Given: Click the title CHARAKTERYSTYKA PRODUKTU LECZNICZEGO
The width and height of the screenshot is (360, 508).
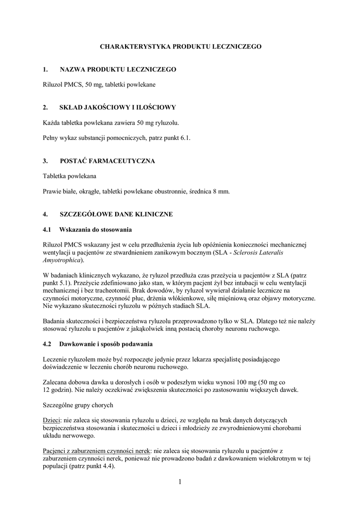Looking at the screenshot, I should pyautogui.click(x=180, y=46).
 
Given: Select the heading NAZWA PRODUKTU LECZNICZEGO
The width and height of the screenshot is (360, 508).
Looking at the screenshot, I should pyautogui.click(x=118, y=70).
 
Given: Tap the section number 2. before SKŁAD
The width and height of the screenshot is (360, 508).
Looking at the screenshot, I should pyautogui.click(x=45, y=107).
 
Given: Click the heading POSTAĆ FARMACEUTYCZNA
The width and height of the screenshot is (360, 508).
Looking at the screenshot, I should pyautogui.click(x=107, y=161).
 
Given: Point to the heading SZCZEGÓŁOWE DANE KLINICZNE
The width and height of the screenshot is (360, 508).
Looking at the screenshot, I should pyautogui.click(x=116, y=215).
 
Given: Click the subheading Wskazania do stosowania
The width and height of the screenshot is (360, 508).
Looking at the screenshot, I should pyautogui.click(x=95, y=230).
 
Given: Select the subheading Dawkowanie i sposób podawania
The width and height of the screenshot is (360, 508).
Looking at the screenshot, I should pyautogui.click(x=106, y=344).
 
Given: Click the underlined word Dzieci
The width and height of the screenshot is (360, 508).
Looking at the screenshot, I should pyautogui.click(x=51, y=420).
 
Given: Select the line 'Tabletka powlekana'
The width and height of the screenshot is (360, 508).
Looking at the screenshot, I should pyautogui.click(x=70, y=176).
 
